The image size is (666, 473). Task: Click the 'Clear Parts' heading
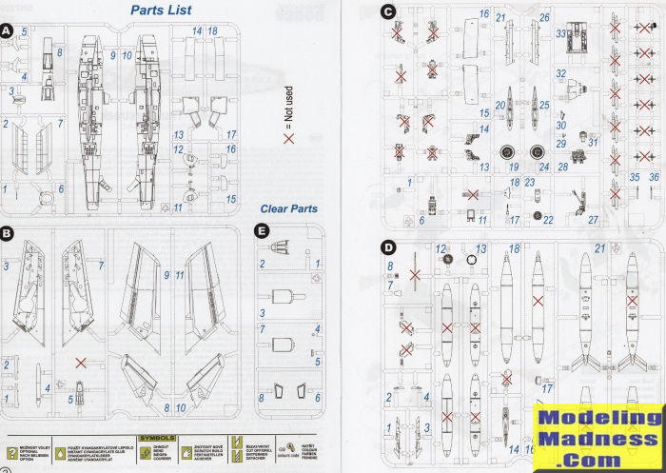[288, 208]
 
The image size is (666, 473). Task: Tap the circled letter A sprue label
[7, 31]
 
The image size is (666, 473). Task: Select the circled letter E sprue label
[262, 230]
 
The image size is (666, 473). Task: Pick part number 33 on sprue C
[562, 33]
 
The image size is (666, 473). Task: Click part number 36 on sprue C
[654, 177]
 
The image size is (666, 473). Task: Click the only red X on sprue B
[83, 363]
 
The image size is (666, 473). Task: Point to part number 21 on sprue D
[600, 248]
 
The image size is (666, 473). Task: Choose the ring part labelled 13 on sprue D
[472, 258]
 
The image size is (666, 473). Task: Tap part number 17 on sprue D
[547, 387]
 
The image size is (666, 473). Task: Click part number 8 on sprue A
[58, 52]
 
